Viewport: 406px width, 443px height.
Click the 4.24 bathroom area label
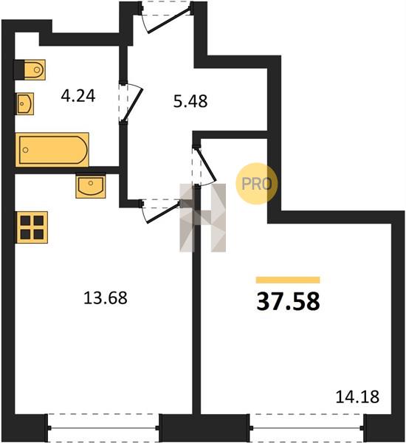[x=78, y=96]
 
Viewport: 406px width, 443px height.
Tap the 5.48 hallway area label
[x=190, y=101]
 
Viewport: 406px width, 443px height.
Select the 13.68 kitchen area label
[x=106, y=298]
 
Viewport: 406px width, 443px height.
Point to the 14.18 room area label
[x=357, y=396]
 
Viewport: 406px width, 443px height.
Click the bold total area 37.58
[x=288, y=301]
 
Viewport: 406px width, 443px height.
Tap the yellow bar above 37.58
[x=288, y=280]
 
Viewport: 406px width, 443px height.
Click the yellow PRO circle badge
[x=257, y=184]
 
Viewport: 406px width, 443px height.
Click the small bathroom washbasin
[x=25, y=103]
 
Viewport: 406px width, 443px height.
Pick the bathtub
[x=52, y=150]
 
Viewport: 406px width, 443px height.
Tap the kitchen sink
[x=91, y=185]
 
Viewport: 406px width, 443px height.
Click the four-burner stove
[x=32, y=227]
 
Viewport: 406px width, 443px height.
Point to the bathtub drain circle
[x=26, y=150]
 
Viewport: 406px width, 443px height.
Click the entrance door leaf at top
[x=168, y=21]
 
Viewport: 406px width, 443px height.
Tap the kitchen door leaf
[x=163, y=212]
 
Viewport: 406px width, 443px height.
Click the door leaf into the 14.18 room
[x=206, y=165]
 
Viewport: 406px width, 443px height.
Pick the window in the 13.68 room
[x=103, y=428]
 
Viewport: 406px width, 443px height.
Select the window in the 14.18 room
[x=307, y=428]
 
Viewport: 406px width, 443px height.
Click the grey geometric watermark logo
[x=203, y=218]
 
